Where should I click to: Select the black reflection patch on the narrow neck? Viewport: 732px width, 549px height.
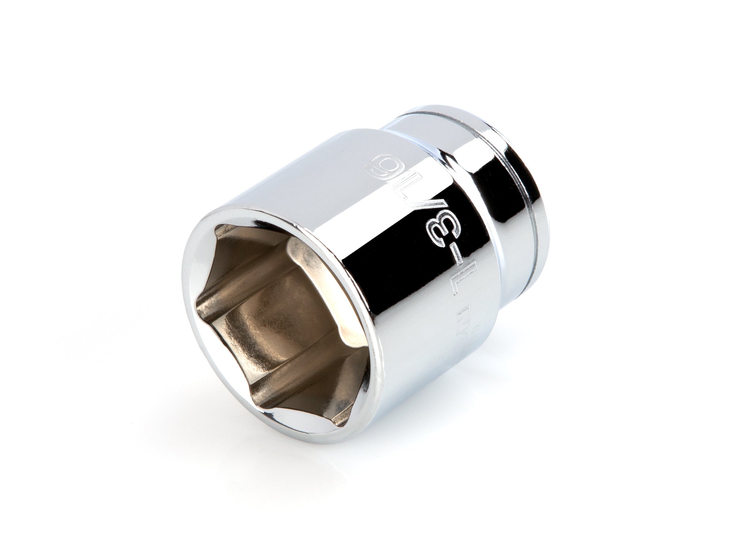point(490,176)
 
